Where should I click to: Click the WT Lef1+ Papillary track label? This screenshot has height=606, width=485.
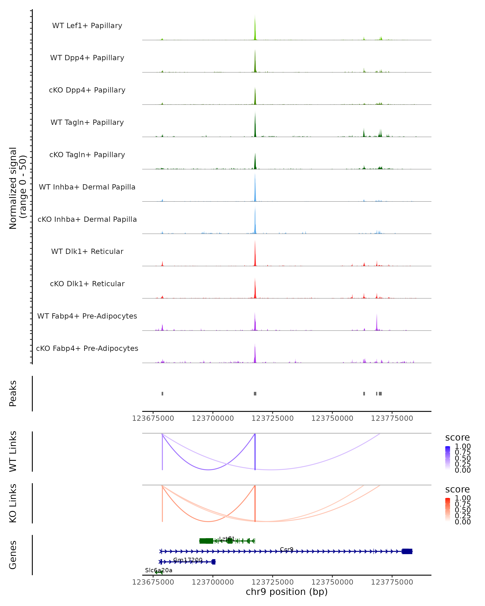tap(87, 26)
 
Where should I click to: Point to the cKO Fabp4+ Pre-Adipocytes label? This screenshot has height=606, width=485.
tap(87, 348)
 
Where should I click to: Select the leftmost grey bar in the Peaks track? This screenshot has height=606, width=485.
tap(162, 393)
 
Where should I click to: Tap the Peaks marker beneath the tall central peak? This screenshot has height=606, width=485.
tap(255, 393)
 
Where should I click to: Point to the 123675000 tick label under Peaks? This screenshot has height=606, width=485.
tap(153, 418)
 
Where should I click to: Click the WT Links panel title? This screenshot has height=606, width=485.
tap(13, 451)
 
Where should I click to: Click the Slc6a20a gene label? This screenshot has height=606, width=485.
tap(159, 570)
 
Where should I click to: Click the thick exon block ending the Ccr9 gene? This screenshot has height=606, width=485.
tap(407, 551)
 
